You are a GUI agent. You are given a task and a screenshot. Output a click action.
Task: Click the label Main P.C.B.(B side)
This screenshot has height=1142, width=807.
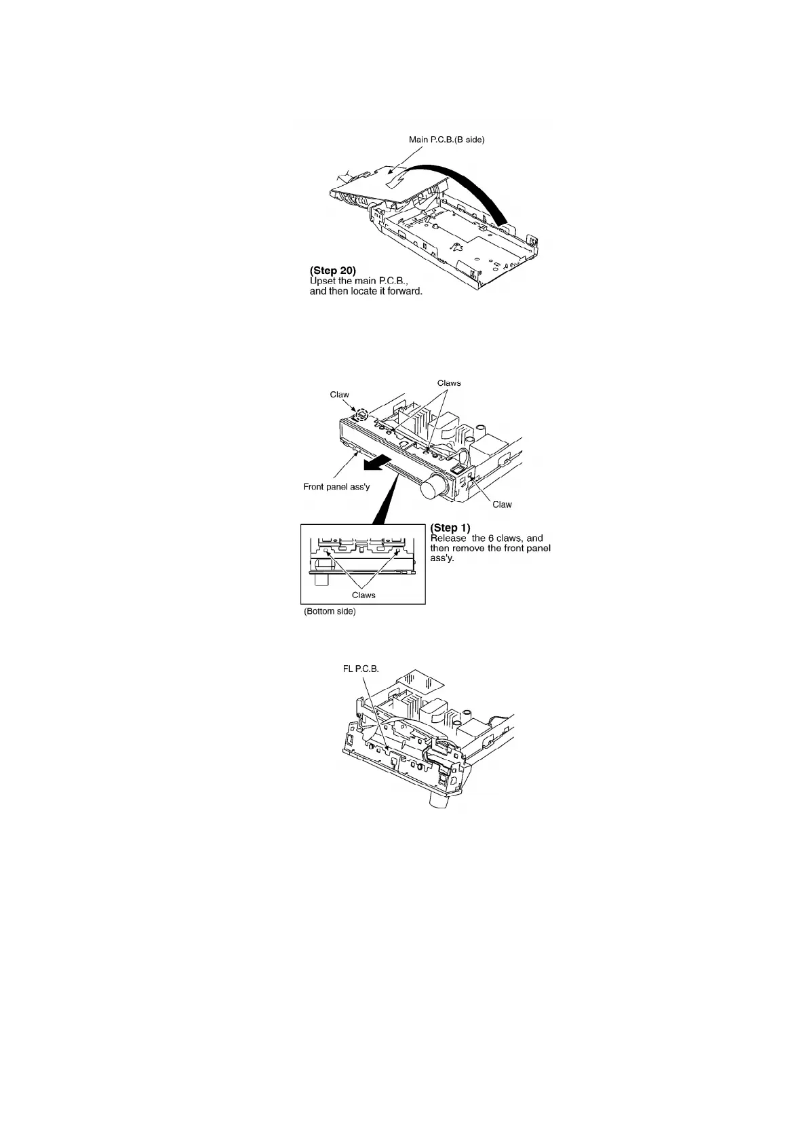pyautogui.click(x=446, y=140)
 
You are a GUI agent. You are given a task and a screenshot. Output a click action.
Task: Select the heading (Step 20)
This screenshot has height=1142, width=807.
pyautogui.click(x=332, y=271)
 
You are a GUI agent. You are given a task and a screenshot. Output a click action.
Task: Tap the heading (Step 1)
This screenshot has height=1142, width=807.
pyautogui.click(x=450, y=528)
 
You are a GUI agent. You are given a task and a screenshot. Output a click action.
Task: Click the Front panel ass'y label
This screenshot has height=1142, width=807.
pyautogui.click(x=336, y=486)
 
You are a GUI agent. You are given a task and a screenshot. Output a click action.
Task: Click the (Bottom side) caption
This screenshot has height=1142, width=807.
pyautogui.click(x=329, y=612)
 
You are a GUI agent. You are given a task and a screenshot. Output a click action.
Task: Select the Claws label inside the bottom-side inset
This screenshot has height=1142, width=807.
pyautogui.click(x=363, y=595)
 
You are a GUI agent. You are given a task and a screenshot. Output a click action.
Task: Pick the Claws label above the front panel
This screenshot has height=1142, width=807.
pyautogui.click(x=449, y=383)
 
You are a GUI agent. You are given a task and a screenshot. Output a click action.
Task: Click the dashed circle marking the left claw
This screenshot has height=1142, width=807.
pyautogui.click(x=361, y=414)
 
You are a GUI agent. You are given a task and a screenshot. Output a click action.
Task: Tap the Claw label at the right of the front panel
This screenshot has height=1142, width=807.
pyautogui.click(x=502, y=505)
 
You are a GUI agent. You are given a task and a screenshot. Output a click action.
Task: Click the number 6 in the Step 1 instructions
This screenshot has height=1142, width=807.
pyautogui.click(x=491, y=538)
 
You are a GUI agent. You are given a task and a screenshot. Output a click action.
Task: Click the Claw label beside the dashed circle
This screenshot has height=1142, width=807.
pyautogui.click(x=339, y=395)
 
